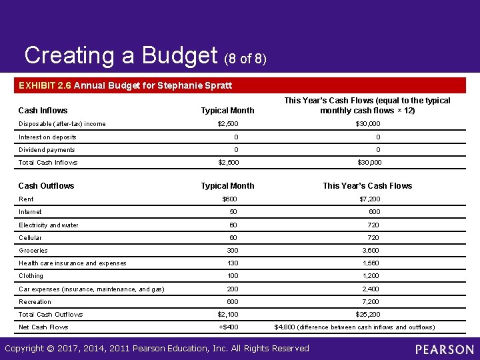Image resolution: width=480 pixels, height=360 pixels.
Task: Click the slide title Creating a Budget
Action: pyautogui.click(x=121, y=56)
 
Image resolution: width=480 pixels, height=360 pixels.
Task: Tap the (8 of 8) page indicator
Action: pyautogui.click(x=245, y=59)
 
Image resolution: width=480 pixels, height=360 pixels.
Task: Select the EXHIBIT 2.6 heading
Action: pyautogui.click(x=125, y=85)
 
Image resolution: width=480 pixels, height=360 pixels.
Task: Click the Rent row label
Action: pyautogui.click(x=26, y=199)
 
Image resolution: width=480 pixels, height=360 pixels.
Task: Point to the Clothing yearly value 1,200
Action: pyautogui.click(x=371, y=276)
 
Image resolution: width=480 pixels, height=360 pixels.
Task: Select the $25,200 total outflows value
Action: pyautogui.click(x=369, y=315)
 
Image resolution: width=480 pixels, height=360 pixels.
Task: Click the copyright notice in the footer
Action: pyautogui.click(x=157, y=348)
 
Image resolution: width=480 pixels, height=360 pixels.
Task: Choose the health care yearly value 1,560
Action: pyautogui.click(x=371, y=263)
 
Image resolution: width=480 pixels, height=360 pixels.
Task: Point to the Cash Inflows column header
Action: pyautogui.click(x=43, y=111)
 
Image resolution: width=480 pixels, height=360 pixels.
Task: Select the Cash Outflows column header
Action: pyautogui.click(x=46, y=186)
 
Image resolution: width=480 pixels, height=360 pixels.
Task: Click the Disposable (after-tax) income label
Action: pyautogui.click(x=62, y=124)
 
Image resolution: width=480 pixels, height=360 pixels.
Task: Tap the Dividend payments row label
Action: pyautogui.click(x=47, y=150)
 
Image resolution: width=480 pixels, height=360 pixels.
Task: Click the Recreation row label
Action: pyautogui.click(x=35, y=302)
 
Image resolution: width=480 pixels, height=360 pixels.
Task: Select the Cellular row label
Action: pyautogui.click(x=30, y=238)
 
